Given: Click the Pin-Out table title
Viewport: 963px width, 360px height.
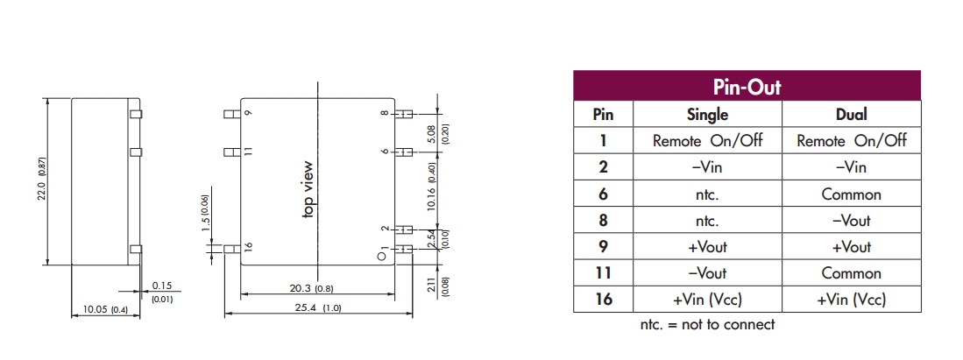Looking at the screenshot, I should pyautogui.click(x=747, y=87).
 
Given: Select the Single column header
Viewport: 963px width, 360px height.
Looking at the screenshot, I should pyautogui.click(x=707, y=114).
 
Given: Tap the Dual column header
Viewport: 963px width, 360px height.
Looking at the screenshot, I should pyautogui.click(x=851, y=114).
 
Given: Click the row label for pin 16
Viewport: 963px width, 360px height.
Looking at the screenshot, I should pyautogui.click(x=603, y=300).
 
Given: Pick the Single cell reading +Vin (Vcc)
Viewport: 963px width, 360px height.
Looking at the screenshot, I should pyautogui.click(x=707, y=300).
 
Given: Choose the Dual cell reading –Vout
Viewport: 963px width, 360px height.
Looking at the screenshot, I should pyautogui.click(x=851, y=220).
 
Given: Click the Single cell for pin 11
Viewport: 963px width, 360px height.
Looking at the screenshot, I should pyautogui.click(x=707, y=273).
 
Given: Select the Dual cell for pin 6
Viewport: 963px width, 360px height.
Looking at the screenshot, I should pyautogui.click(x=851, y=194).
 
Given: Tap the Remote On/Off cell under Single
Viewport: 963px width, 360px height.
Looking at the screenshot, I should pyautogui.click(x=707, y=140).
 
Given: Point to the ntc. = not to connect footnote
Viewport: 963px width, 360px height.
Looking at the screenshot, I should pyautogui.click(x=708, y=325).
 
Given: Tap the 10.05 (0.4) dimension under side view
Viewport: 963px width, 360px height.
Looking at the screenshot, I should pyautogui.click(x=104, y=309).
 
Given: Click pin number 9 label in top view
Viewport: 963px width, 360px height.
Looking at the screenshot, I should pyautogui.click(x=248, y=114).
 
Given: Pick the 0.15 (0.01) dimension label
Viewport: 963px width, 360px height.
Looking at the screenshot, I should pyautogui.click(x=162, y=292).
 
